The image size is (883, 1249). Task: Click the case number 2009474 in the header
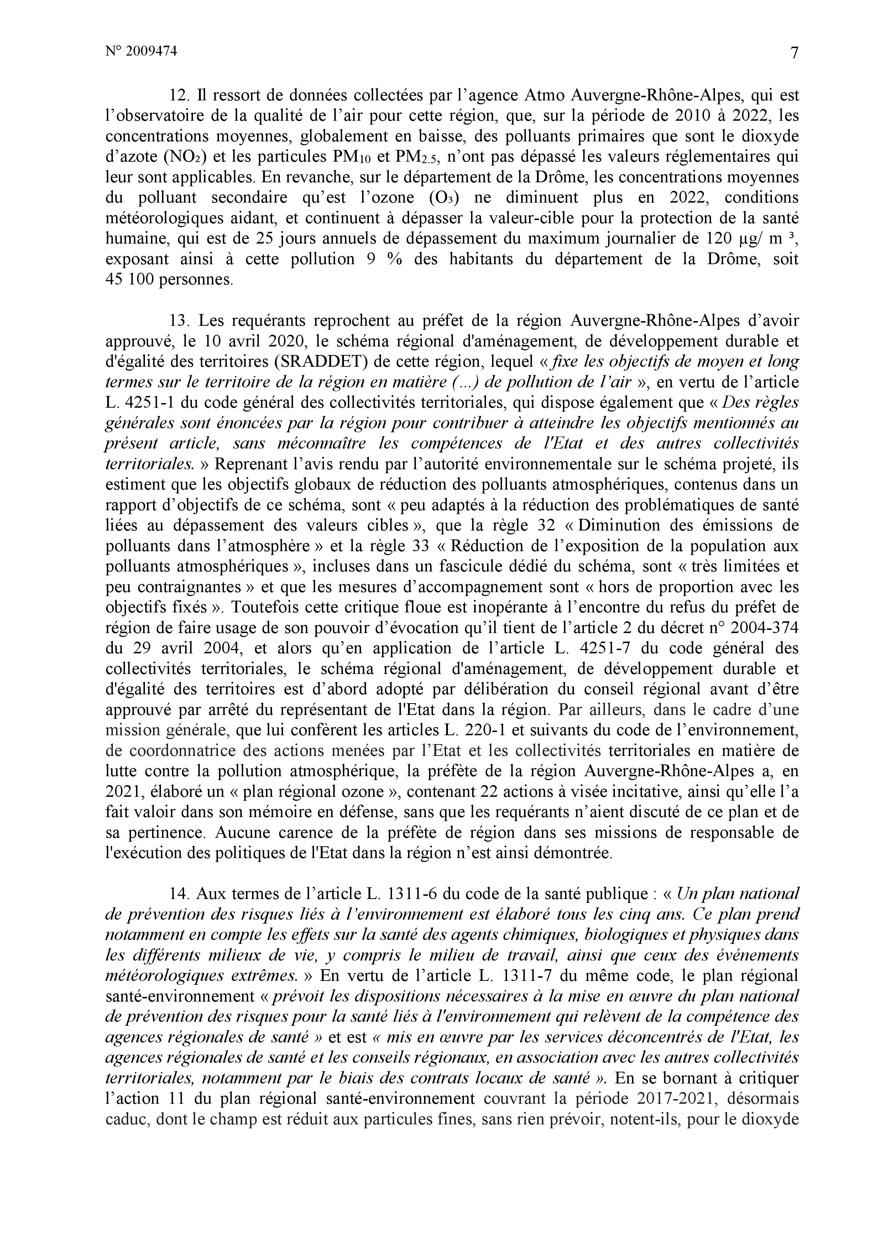tap(151, 51)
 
